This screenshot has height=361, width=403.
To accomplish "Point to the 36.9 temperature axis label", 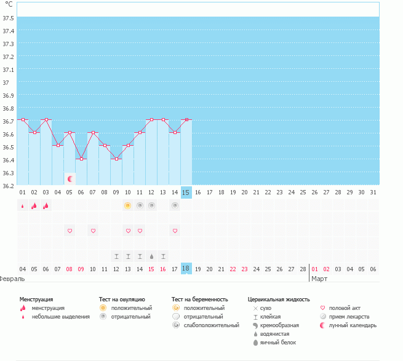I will (8, 95).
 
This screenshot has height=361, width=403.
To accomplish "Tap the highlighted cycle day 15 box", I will (186, 192).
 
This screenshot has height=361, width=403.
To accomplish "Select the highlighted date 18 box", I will (186, 269).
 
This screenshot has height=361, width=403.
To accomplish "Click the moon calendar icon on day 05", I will (70, 179).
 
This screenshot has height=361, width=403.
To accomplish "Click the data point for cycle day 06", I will (81, 159).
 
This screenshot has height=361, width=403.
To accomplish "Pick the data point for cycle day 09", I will (116, 159).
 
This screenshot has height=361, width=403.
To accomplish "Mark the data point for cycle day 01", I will (23, 119).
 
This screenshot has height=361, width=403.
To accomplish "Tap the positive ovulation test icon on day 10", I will (128, 205).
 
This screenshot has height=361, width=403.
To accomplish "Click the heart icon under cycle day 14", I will (175, 231).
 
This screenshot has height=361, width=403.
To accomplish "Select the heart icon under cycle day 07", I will (93, 231).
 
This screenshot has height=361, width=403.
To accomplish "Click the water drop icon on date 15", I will (151, 256).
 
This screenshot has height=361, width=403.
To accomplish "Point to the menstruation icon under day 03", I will (46, 205).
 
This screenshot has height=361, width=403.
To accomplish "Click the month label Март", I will (319, 279).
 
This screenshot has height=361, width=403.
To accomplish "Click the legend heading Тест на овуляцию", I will (122, 299).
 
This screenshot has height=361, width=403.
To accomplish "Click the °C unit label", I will (8, 4).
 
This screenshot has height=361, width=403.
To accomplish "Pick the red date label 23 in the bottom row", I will (245, 269).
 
